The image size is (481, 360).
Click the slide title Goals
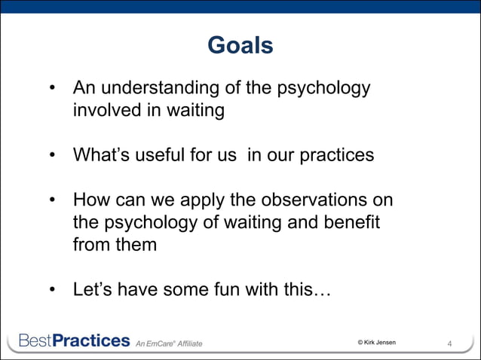(x=240, y=47)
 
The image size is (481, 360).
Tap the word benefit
(x=350, y=223)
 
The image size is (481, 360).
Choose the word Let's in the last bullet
(x=93, y=290)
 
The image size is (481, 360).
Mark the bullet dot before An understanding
(x=54, y=90)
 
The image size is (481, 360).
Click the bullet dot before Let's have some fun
(x=54, y=291)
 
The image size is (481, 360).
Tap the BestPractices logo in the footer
(x=74, y=341)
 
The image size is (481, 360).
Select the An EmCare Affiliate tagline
(x=169, y=344)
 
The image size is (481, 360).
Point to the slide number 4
(x=450, y=344)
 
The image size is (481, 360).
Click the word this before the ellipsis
(x=305, y=290)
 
